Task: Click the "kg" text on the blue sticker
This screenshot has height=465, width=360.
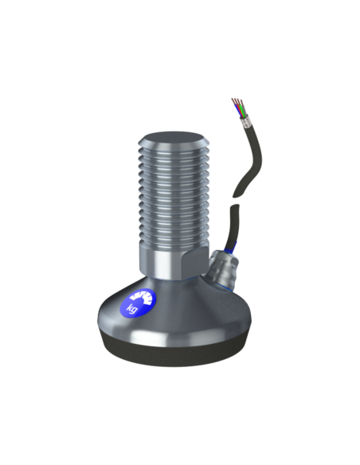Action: tap(132, 308)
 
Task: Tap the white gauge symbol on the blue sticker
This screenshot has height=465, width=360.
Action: tap(143, 298)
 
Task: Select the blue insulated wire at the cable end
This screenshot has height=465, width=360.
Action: tap(239, 111)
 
